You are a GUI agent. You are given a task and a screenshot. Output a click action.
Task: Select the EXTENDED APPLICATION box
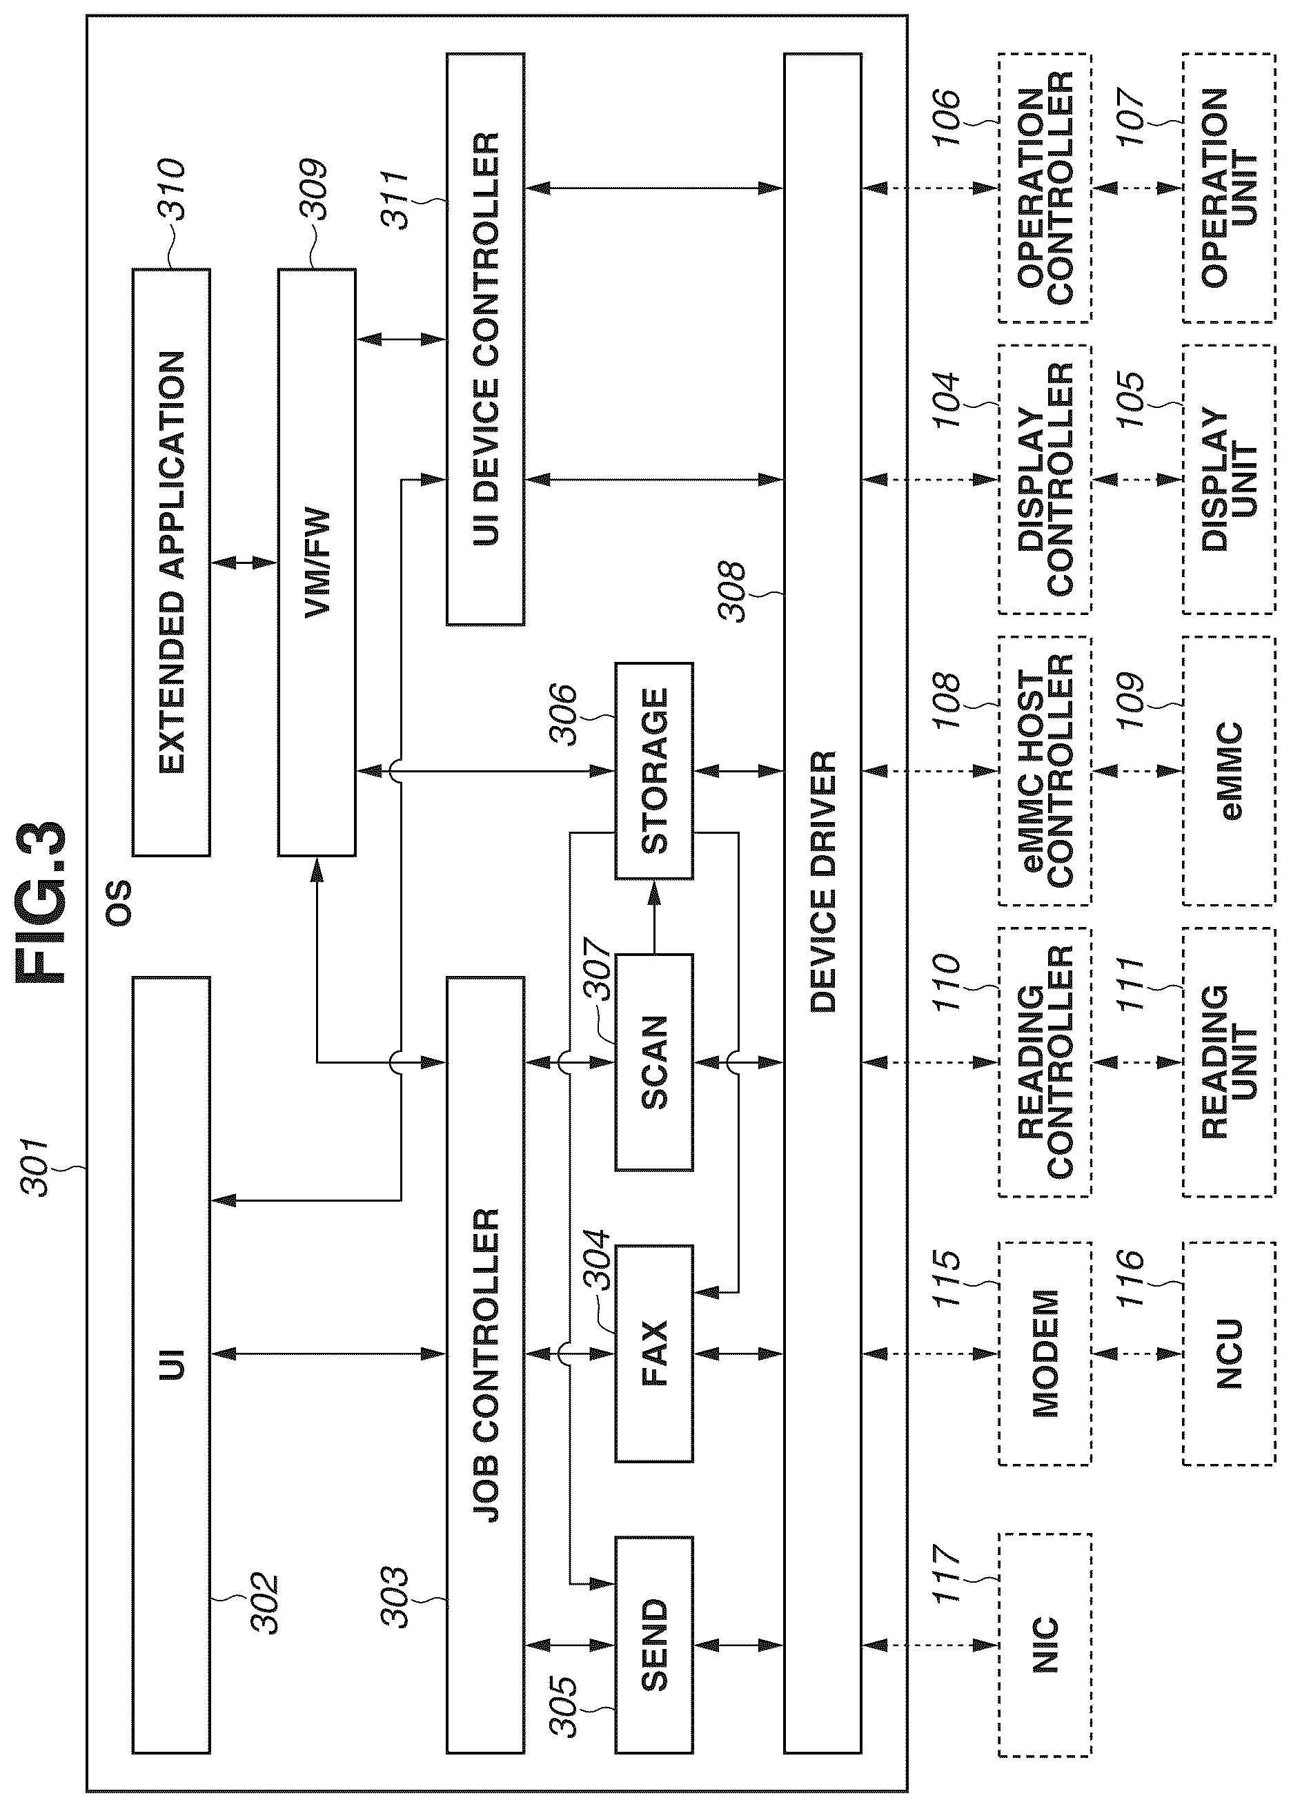click(x=171, y=562)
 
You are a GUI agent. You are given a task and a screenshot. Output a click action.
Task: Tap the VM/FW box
click(x=317, y=562)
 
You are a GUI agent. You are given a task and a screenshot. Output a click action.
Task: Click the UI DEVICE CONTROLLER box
click(x=485, y=339)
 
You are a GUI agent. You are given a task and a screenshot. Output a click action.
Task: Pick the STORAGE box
click(x=654, y=770)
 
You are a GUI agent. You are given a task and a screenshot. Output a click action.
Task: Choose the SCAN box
click(x=654, y=1062)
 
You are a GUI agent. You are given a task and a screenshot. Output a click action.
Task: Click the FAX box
click(x=654, y=1354)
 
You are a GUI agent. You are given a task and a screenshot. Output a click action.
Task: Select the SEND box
click(x=654, y=1645)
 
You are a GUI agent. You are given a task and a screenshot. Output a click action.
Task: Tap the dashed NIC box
click(x=1045, y=1645)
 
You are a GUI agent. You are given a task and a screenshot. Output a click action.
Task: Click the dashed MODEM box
click(x=1045, y=1354)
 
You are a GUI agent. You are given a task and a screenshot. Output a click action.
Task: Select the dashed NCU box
click(x=1229, y=1354)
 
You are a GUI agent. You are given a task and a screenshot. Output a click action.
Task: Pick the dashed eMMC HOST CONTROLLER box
click(x=1045, y=770)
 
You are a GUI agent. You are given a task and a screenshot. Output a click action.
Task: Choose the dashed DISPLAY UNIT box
click(x=1229, y=480)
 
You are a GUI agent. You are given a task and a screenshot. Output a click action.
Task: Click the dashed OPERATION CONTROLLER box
click(x=1045, y=188)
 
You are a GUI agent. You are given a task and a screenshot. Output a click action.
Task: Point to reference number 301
click(x=37, y=1167)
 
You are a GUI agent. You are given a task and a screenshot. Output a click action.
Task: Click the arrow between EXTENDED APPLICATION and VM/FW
click(x=244, y=562)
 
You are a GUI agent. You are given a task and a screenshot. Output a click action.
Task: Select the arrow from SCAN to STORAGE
click(x=654, y=917)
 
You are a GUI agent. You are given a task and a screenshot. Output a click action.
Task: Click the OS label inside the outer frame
click(x=119, y=901)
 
